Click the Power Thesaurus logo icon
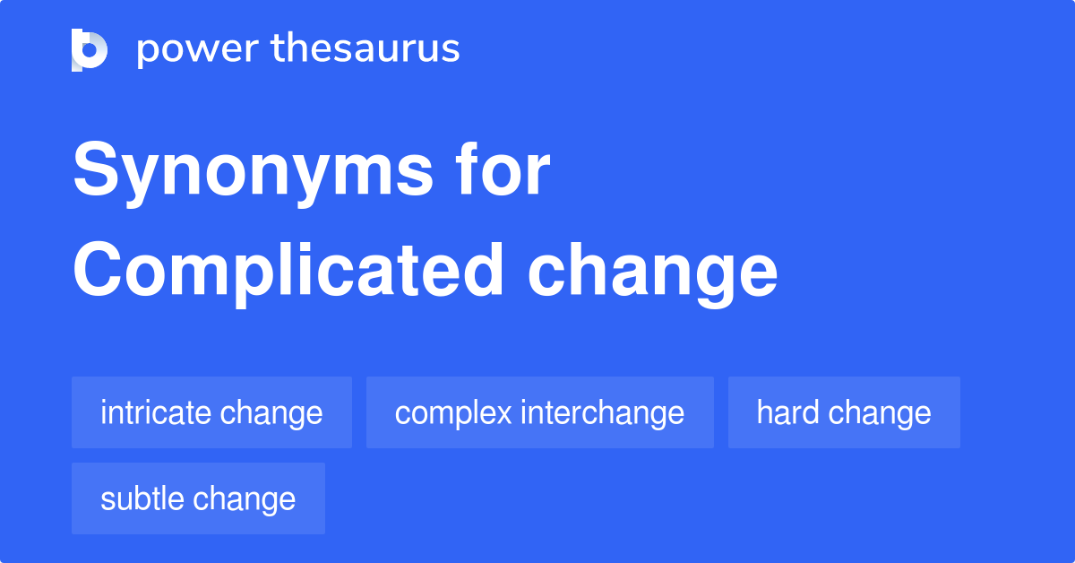pos(89,49)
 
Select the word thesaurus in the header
pos(365,49)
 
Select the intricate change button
pos(211,412)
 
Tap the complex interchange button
pos(539,412)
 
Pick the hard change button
pos(844,412)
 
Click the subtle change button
pos(198,498)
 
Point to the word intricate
pos(156,412)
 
